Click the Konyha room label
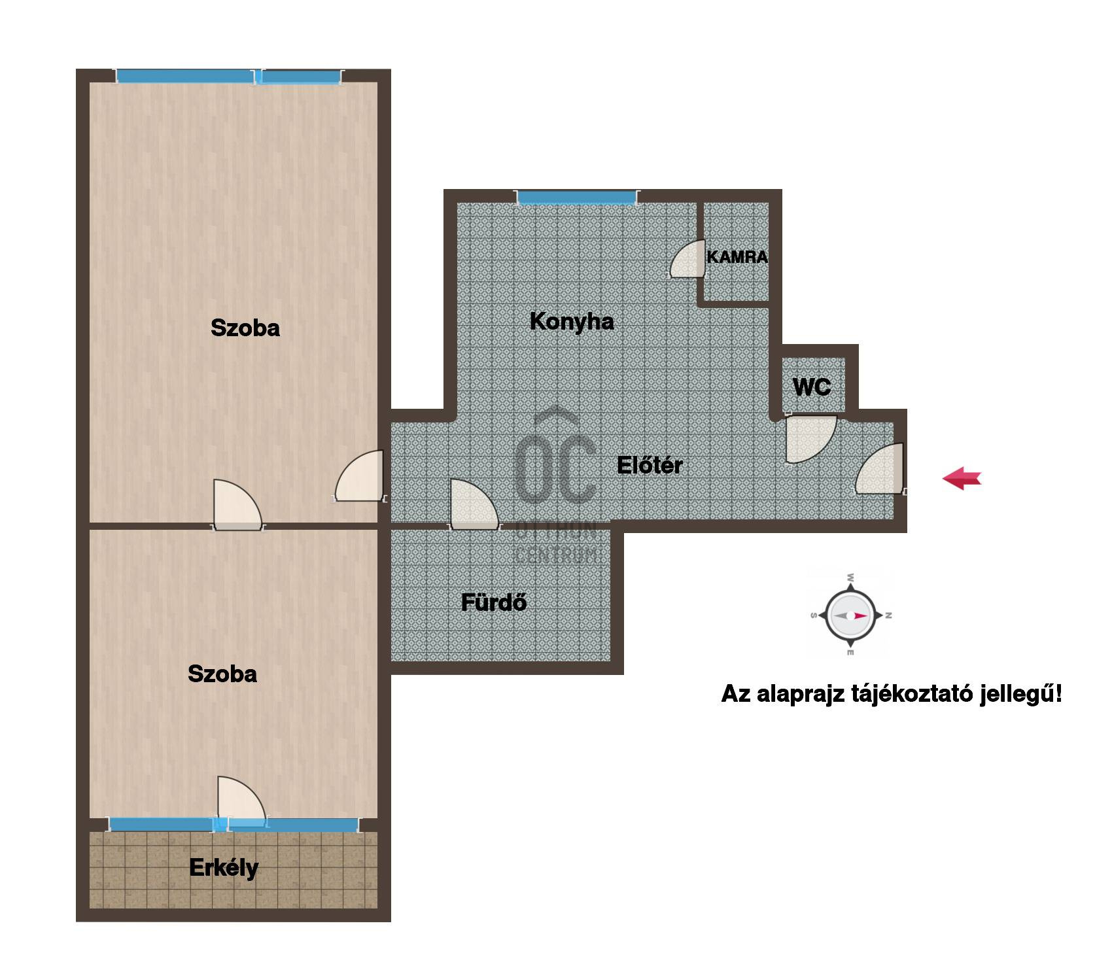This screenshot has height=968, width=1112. point(572,322)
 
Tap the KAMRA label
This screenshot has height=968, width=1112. point(737,257)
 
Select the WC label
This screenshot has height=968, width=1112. point(812,387)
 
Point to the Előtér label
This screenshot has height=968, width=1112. point(650,465)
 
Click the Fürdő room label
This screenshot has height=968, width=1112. point(494,602)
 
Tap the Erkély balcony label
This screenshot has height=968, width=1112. point(224,868)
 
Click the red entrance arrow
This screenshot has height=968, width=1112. point(962,479)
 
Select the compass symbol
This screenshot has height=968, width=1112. point(850,615)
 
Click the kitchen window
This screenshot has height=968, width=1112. point(577,197)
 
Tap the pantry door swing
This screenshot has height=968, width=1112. point(687,259)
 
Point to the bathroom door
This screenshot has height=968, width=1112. point(474,504)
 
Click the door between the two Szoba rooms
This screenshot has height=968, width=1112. point(237,505)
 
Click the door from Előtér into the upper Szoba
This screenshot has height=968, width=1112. point(359,476)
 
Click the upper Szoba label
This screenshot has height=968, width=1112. point(245,328)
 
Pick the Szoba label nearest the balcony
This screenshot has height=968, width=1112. point(222,674)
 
